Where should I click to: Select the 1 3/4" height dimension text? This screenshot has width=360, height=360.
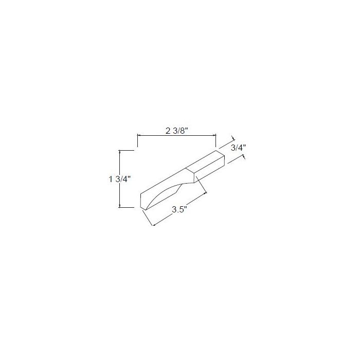[120, 179]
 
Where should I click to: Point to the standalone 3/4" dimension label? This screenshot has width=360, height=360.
[238, 148]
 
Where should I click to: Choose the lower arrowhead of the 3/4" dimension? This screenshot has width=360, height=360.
[241, 156]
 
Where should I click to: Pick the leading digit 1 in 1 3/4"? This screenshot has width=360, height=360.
[111, 179]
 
